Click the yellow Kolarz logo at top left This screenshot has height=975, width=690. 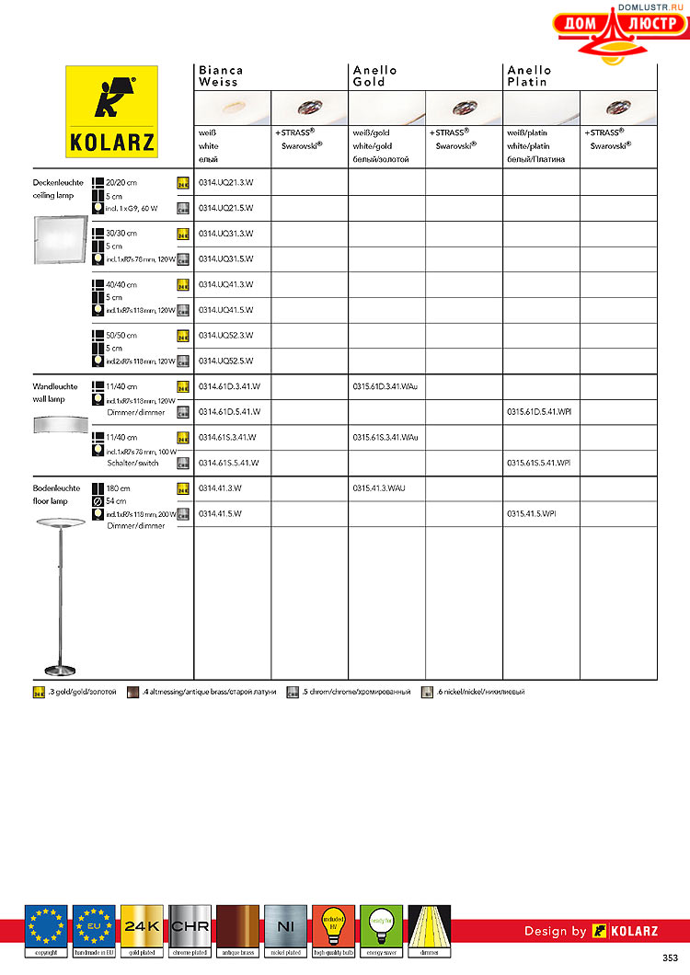(x=111, y=110)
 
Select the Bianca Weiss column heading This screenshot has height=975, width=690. (x=221, y=76)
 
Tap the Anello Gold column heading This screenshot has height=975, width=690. (x=375, y=76)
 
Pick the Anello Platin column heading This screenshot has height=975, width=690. (x=530, y=76)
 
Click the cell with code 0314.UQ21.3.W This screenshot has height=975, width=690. (x=226, y=183)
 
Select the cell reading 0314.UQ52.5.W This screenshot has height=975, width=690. (x=226, y=361)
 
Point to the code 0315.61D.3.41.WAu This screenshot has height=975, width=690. (x=385, y=386)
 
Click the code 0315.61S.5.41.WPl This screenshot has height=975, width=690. (x=539, y=463)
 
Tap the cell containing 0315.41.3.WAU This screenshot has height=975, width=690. (x=379, y=487)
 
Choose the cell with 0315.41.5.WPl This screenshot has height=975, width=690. (x=532, y=512)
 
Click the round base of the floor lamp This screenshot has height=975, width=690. (x=61, y=669)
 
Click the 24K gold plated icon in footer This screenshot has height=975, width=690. (x=142, y=926)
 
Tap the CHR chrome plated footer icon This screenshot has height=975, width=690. (x=190, y=926)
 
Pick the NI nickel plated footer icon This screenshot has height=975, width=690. (x=285, y=926)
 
